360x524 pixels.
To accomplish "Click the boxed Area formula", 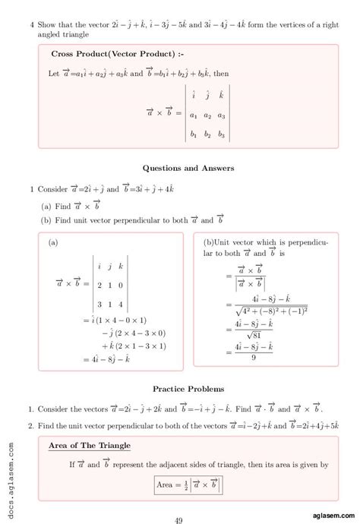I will pyautogui.click(x=188, y=484).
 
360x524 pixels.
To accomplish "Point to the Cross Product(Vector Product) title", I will pyautogui.click(x=117, y=55).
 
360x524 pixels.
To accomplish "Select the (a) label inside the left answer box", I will pyautogui.click(x=54, y=243).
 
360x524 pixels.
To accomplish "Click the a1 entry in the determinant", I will pyautogui.click(x=193, y=115).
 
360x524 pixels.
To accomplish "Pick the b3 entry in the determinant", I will pyautogui.click(x=222, y=135).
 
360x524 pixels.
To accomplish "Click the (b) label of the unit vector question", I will pyautogui.click(x=46, y=220).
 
